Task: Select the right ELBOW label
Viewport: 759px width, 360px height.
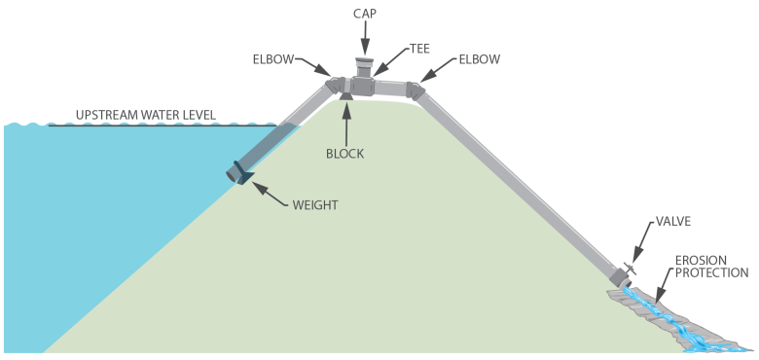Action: (476, 59)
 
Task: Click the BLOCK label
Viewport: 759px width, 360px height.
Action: (346, 153)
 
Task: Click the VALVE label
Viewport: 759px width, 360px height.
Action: (673, 222)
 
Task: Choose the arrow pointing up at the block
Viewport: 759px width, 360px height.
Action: (346, 122)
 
